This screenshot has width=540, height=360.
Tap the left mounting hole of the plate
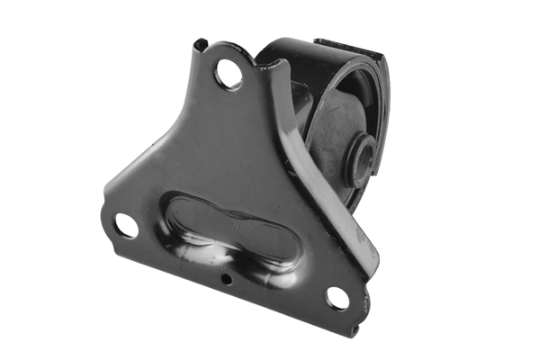click(126, 225)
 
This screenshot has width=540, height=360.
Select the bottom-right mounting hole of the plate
click(337, 298)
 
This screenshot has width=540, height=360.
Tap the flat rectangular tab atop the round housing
click(347, 41)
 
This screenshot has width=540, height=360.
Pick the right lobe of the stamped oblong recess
click(270, 245)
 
